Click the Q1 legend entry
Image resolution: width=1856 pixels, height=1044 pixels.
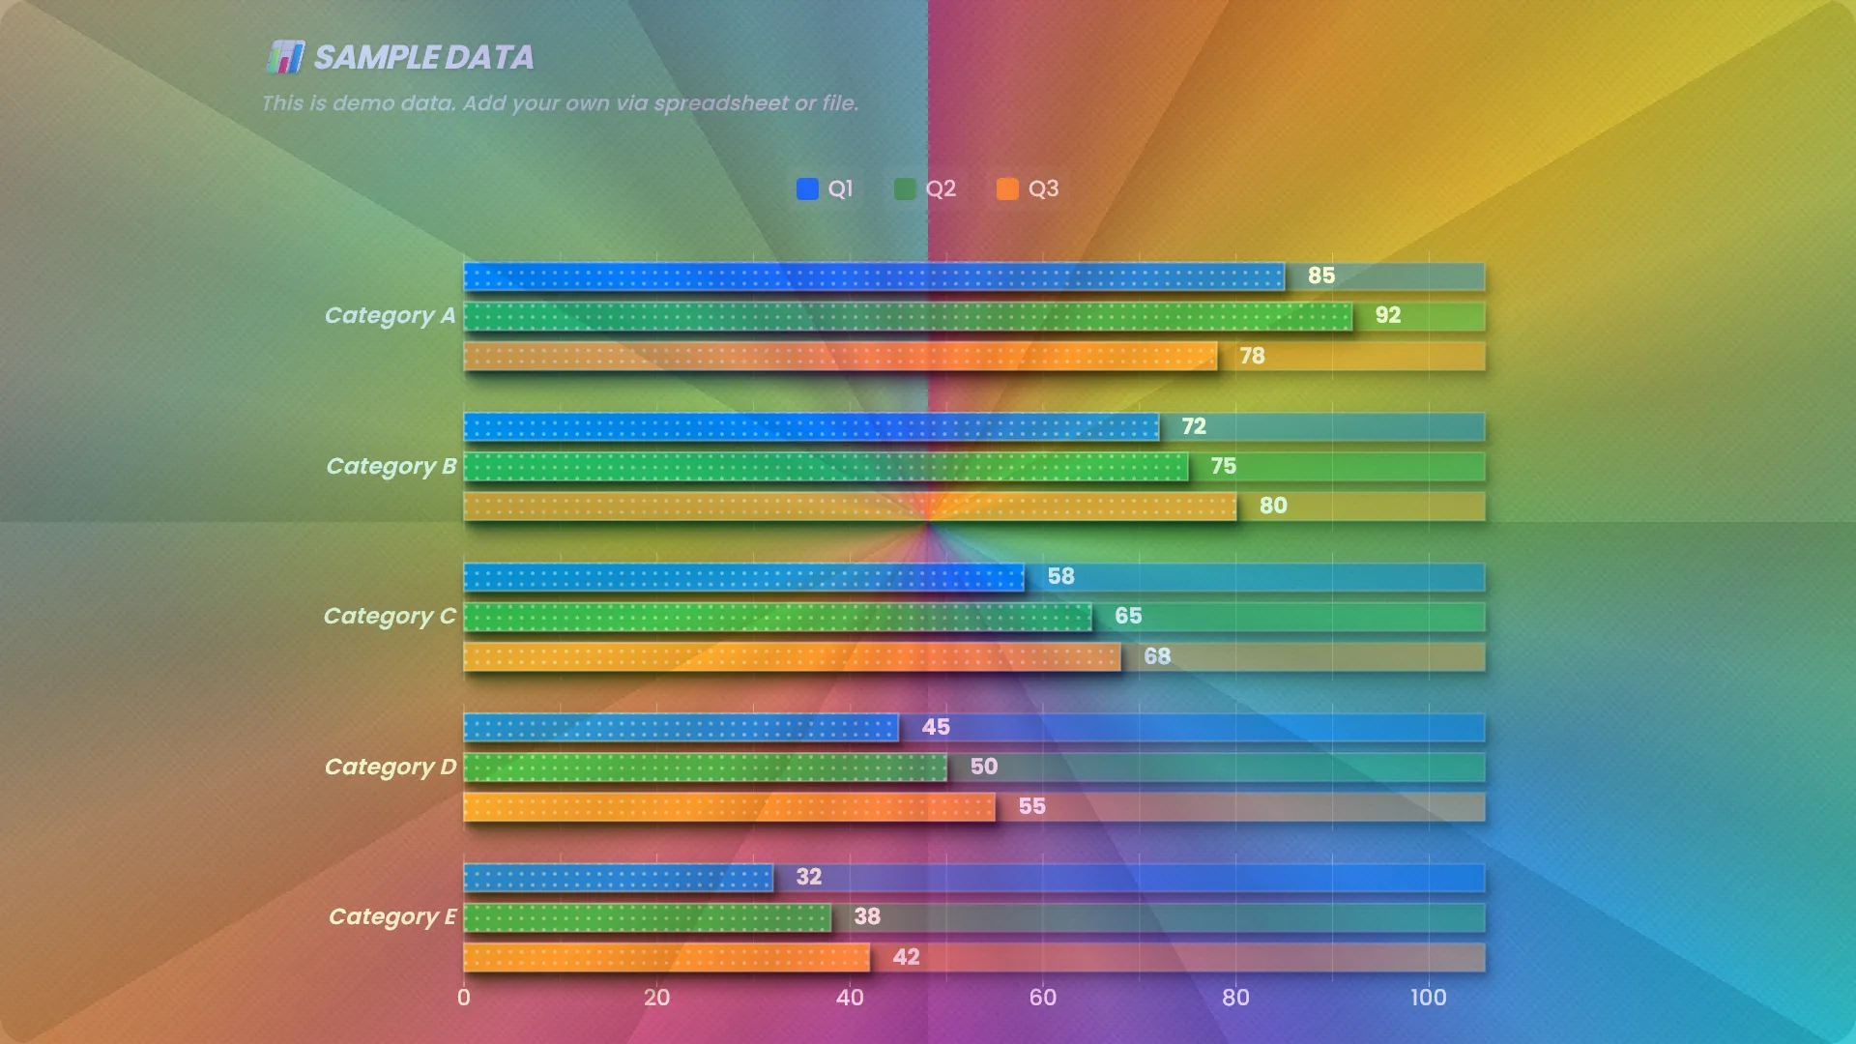826,188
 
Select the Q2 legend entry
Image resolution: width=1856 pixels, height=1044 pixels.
926,188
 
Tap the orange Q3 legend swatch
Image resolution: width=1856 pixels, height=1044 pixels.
1007,188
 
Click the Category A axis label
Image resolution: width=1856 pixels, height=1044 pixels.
390,316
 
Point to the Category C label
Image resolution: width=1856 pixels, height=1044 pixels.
390,617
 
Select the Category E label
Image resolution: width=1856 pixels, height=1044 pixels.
391,917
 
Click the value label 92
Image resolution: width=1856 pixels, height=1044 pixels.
1387,315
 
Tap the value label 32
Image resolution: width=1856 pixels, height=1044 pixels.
808,877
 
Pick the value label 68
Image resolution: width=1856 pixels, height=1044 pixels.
1157,656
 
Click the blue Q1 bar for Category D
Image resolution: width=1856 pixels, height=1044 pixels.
681,728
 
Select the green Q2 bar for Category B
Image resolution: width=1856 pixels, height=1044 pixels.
826,467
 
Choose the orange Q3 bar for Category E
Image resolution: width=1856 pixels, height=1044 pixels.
666,958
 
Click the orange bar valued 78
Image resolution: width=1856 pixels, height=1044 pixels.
840,357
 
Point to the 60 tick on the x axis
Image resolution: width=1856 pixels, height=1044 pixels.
1042,998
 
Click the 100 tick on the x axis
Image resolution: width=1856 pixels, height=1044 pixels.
1428,998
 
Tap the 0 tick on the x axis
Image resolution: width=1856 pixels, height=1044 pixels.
464,998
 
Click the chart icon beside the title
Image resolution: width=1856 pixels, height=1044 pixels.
285,57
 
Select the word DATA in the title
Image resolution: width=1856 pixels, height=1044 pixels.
489,58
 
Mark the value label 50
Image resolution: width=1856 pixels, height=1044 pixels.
983,767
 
